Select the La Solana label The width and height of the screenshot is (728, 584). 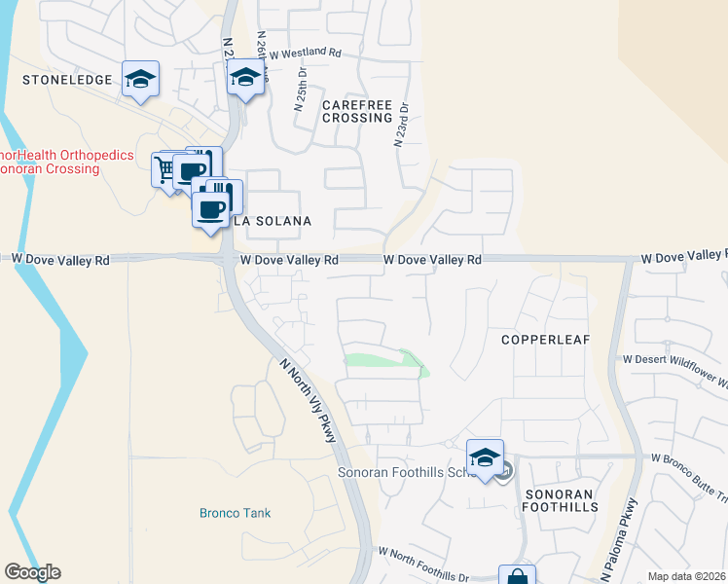pyautogui.click(x=272, y=222)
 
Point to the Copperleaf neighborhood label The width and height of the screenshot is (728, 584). pyautogui.click(x=540, y=340)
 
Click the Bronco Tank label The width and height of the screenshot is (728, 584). pyautogui.click(x=235, y=513)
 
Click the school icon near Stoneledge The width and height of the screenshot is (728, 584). pyautogui.click(x=141, y=80)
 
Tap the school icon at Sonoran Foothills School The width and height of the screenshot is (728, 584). pyautogui.click(x=485, y=456)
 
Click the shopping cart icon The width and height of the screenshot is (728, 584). pyautogui.click(x=166, y=169)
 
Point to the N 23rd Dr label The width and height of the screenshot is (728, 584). pyautogui.click(x=400, y=126)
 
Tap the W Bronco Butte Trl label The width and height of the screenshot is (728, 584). pyautogui.click(x=689, y=462)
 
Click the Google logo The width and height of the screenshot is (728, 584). pyautogui.click(x=32, y=572)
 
